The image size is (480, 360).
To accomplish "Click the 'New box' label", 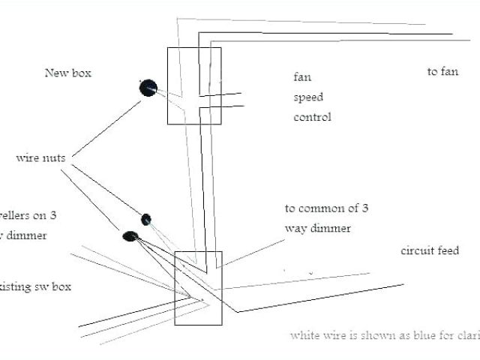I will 67,73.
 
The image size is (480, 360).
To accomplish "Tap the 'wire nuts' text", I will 42,158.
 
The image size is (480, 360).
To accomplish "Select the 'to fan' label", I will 442,72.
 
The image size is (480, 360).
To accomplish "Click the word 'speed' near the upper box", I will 307,97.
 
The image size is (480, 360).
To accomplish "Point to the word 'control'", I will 312,117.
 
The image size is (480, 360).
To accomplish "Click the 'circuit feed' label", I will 429,250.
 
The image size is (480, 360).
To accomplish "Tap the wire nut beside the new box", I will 148,88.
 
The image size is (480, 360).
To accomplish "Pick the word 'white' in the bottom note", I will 304,335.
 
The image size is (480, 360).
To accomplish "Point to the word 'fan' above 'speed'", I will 301,77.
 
